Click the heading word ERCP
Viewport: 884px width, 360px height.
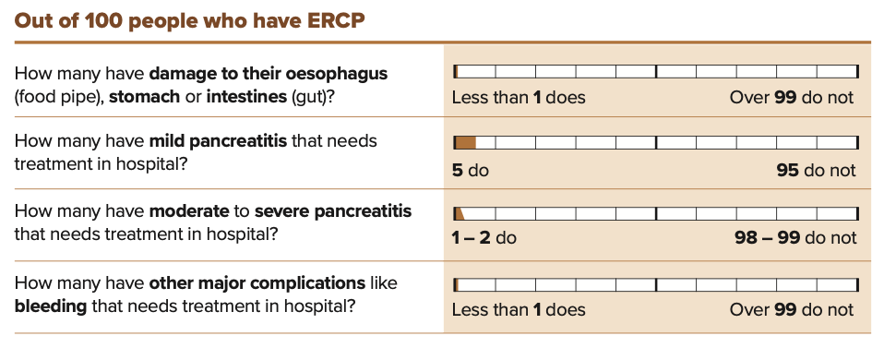(336, 21)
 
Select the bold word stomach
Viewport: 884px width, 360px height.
(144, 97)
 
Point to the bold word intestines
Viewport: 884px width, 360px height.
(247, 97)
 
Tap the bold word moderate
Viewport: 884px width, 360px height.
(189, 211)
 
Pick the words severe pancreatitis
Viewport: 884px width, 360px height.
(333, 211)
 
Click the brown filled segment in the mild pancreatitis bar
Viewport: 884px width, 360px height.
(465, 142)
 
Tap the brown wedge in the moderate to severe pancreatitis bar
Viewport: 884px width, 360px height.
(459, 213)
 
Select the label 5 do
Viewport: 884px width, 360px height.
(471, 170)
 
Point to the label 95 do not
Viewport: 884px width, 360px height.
(816, 170)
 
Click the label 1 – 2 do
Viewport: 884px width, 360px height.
(484, 238)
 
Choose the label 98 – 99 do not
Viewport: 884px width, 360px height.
(795, 238)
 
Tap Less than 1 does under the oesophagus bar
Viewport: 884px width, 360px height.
(519, 98)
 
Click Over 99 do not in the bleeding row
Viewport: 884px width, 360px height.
(792, 310)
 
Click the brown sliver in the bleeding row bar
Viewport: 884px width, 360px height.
(456, 284)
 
